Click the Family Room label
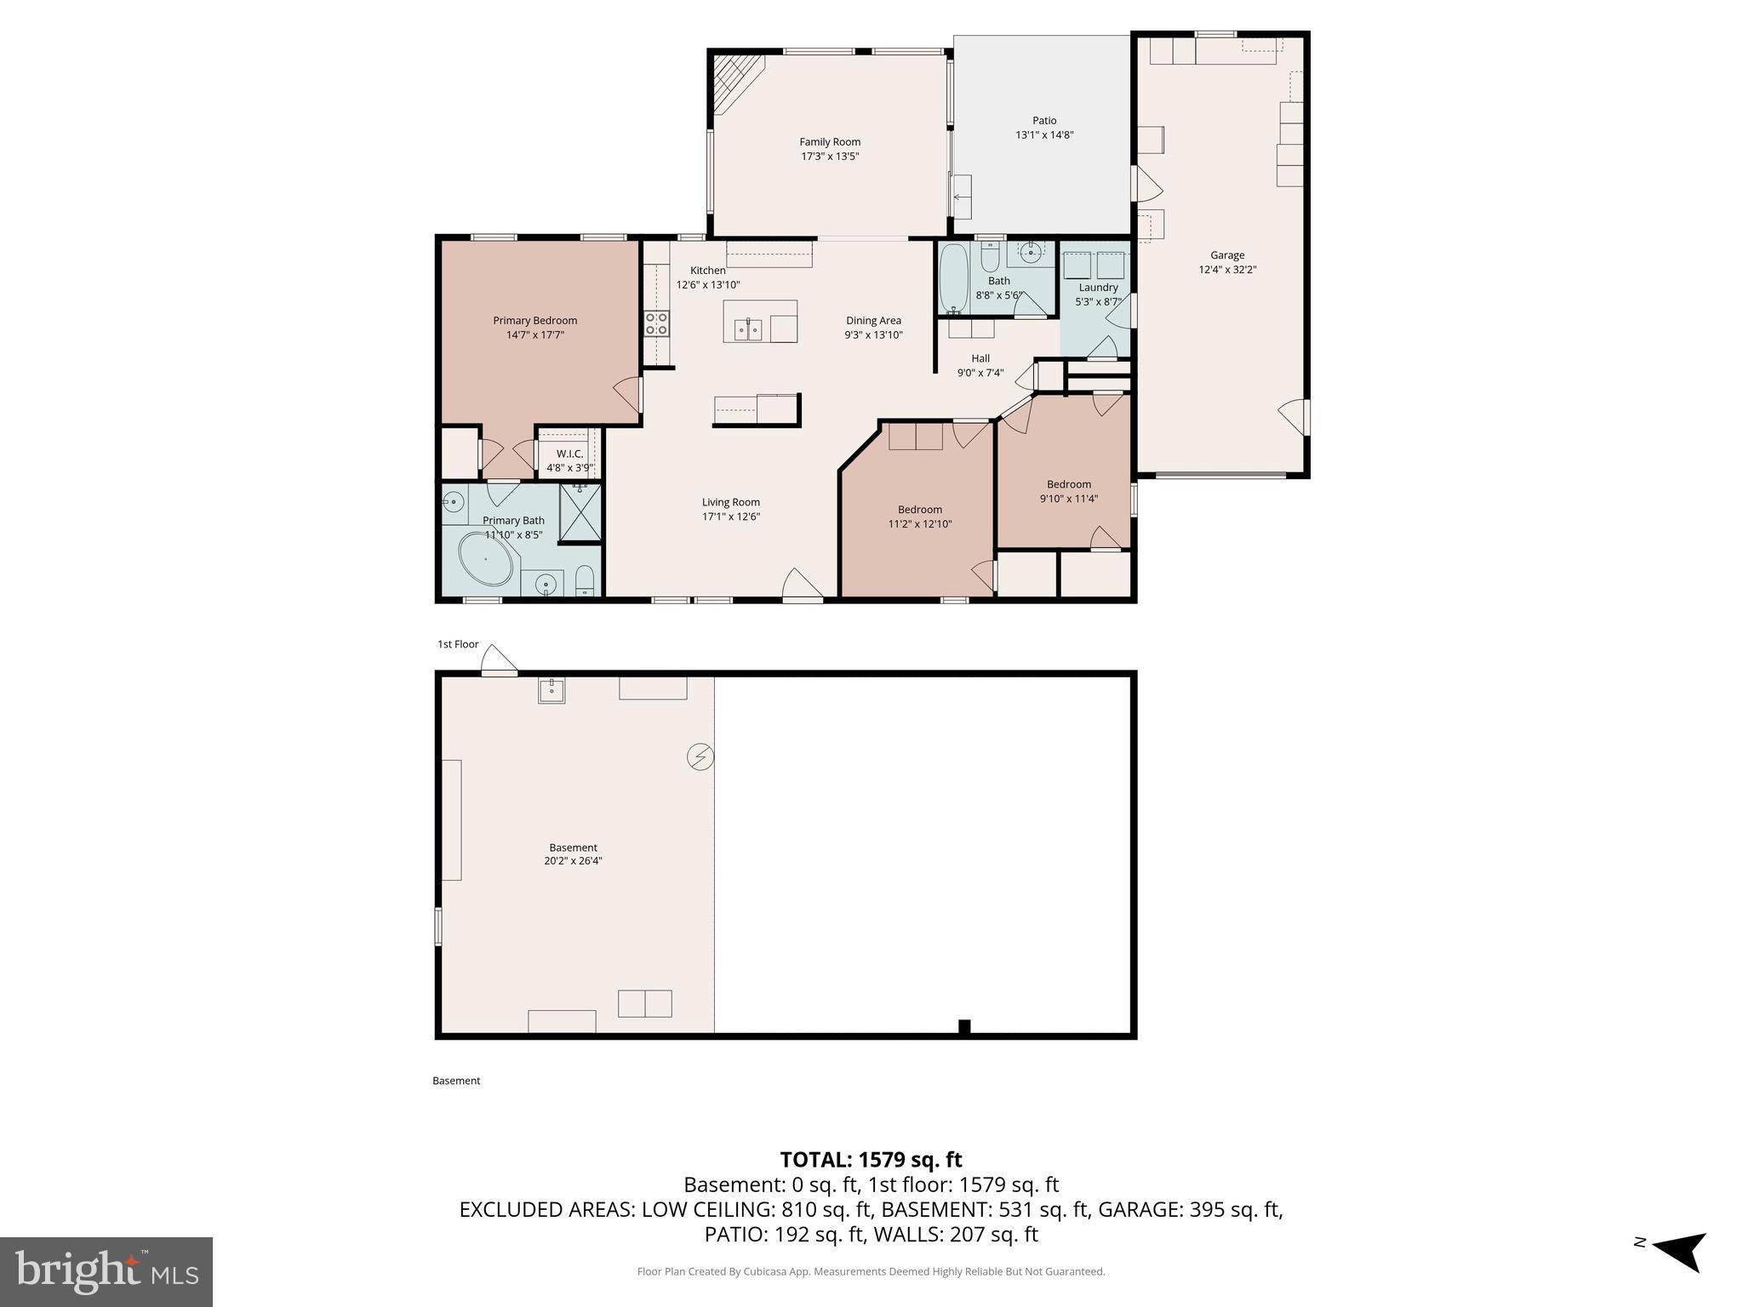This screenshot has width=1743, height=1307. (x=829, y=142)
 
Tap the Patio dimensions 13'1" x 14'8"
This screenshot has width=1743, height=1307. (x=1044, y=135)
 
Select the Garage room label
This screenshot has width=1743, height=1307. (x=1226, y=255)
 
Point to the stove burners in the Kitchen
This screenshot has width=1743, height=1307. (x=656, y=323)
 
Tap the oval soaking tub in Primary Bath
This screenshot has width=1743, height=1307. (x=488, y=559)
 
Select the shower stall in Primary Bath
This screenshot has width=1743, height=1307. (x=580, y=512)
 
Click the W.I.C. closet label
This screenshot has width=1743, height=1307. (x=569, y=454)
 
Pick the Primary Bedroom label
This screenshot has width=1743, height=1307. (x=534, y=321)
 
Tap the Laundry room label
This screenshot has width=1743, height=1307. (x=1098, y=288)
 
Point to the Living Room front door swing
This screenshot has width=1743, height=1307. (x=801, y=585)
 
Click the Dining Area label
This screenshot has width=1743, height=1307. (x=873, y=321)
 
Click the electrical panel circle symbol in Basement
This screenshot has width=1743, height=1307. (x=700, y=756)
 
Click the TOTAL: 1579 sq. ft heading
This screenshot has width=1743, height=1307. (x=871, y=1160)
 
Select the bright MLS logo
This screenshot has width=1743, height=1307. (x=106, y=1271)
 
